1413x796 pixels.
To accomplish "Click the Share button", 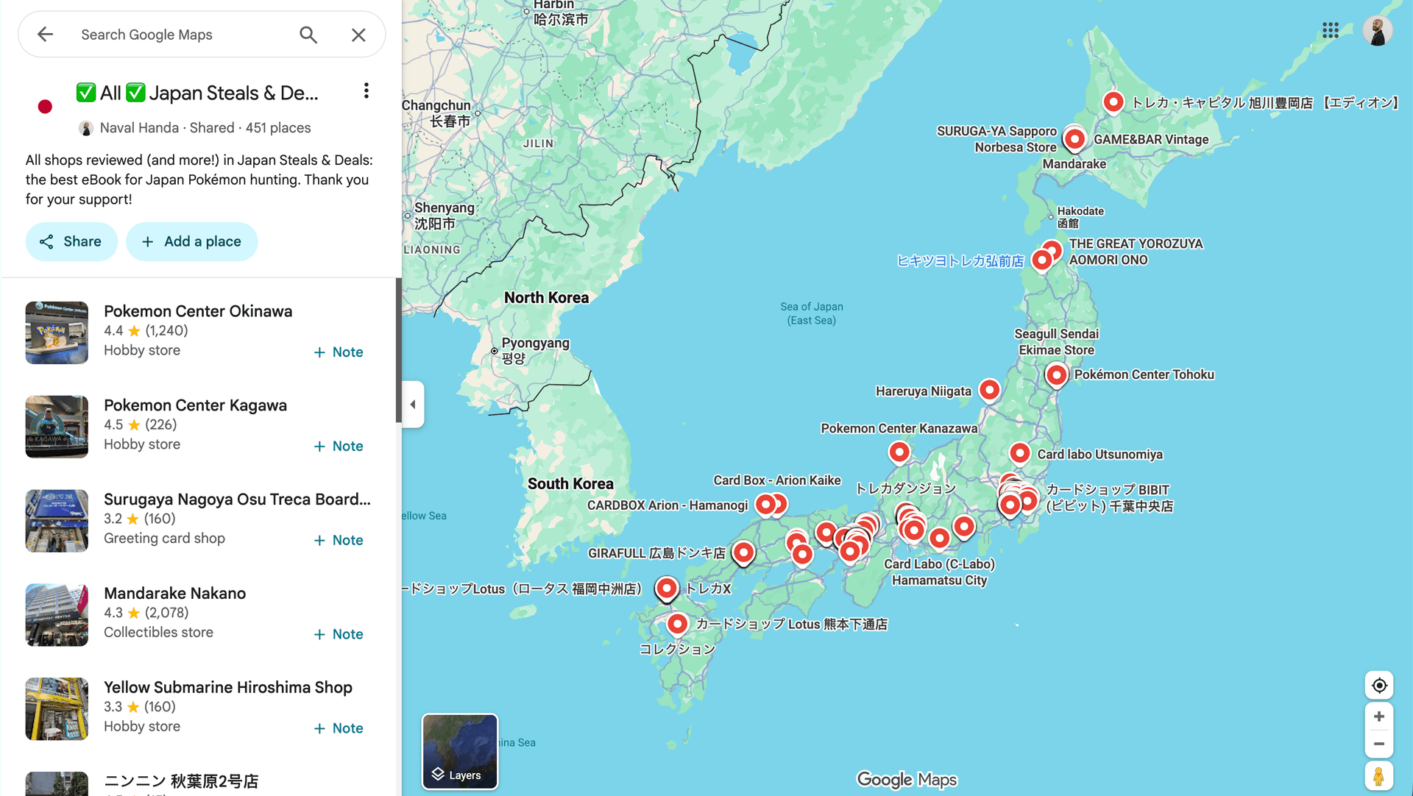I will pyautogui.click(x=71, y=241).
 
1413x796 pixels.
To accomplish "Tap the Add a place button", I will pyautogui.click(x=191, y=241).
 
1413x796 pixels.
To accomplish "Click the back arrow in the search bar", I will pyautogui.click(x=46, y=35).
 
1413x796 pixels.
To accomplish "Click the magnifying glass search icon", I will pyautogui.click(x=308, y=35).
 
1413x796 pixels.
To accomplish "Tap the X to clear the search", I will pyautogui.click(x=358, y=35).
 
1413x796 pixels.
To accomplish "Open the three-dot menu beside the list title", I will pyautogui.click(x=366, y=91).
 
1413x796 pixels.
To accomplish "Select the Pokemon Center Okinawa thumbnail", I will pyautogui.click(x=57, y=333).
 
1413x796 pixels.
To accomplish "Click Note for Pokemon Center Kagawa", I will pyautogui.click(x=339, y=446).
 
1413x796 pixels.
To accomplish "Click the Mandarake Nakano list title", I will pyautogui.click(x=174, y=593).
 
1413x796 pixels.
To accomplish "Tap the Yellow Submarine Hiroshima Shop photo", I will pyautogui.click(x=57, y=708).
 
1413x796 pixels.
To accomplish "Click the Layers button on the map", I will pyautogui.click(x=459, y=751).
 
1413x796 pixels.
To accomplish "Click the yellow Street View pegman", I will pyautogui.click(x=1378, y=776).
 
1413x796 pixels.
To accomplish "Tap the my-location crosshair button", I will pyautogui.click(x=1379, y=686).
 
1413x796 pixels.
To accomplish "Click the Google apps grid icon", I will pyautogui.click(x=1330, y=30).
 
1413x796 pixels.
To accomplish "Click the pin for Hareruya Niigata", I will pyautogui.click(x=989, y=389).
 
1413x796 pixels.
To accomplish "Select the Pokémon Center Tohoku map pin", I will pyautogui.click(x=1056, y=374).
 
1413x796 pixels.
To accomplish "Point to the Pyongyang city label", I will pyautogui.click(x=535, y=344).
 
